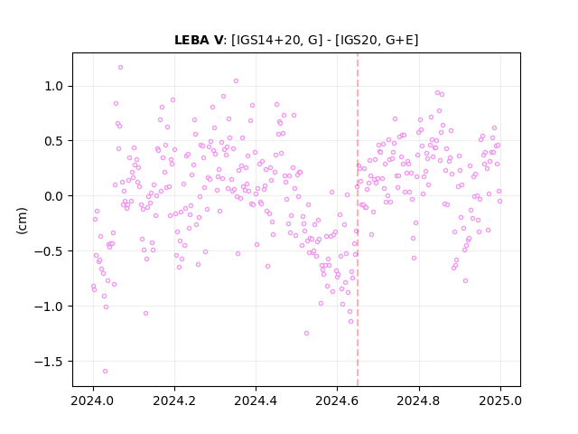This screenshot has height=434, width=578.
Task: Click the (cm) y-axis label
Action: click(x=22, y=221)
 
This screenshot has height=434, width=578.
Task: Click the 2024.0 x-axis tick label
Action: click(x=93, y=401)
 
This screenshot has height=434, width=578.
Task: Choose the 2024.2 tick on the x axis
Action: click(x=174, y=401)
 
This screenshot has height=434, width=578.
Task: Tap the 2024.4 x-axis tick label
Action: click(x=256, y=401)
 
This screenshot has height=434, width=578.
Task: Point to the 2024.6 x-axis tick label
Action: click(x=337, y=401)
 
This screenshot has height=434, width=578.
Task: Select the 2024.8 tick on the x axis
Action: click(x=419, y=401)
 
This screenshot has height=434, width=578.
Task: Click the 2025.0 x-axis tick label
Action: click(x=500, y=401)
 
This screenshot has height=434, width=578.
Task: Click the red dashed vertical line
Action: click(x=358, y=220)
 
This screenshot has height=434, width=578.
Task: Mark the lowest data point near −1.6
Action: click(x=105, y=372)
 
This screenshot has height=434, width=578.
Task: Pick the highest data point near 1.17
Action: click(x=120, y=68)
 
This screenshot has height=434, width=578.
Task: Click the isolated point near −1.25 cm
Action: click(x=306, y=334)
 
